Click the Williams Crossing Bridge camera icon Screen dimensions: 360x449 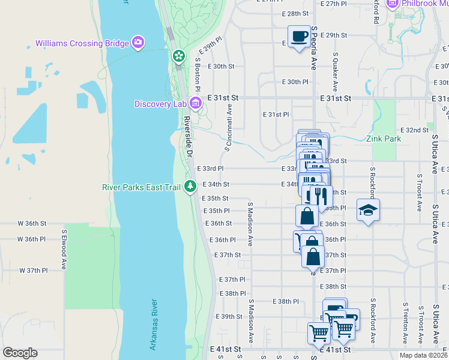click(x=139, y=42)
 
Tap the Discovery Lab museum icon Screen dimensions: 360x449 click(x=195, y=104)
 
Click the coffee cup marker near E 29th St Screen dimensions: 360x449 click(x=298, y=37)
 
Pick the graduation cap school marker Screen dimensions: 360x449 click(x=368, y=210)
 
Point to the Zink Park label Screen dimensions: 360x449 click(x=384, y=139)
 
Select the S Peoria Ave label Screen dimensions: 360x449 click(x=313, y=47)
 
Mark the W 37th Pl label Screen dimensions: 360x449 click(x=33, y=271)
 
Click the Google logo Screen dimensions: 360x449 click(x=20, y=353)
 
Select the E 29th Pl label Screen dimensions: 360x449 click(x=210, y=49)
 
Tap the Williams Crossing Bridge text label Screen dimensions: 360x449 click(x=82, y=43)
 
